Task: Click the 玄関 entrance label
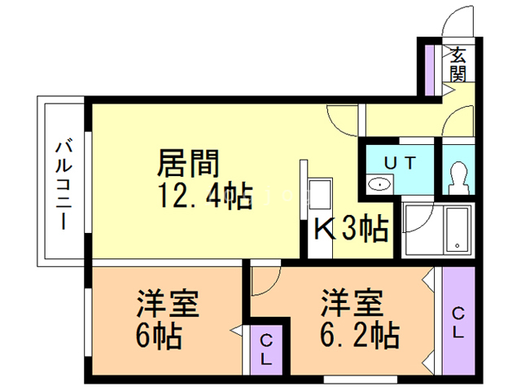point(459,64)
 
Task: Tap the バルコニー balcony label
point(63,185)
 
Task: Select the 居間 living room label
point(188,163)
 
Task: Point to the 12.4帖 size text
point(205,196)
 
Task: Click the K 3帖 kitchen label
point(351,229)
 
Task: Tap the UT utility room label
point(400,163)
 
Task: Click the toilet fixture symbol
point(458,178)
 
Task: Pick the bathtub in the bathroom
point(458,230)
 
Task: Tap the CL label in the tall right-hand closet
point(458,323)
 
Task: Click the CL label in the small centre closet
point(266,349)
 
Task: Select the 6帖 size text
point(160,336)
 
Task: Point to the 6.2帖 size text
point(360,335)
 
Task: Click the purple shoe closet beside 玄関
point(430,70)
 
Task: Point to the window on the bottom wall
point(361,380)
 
